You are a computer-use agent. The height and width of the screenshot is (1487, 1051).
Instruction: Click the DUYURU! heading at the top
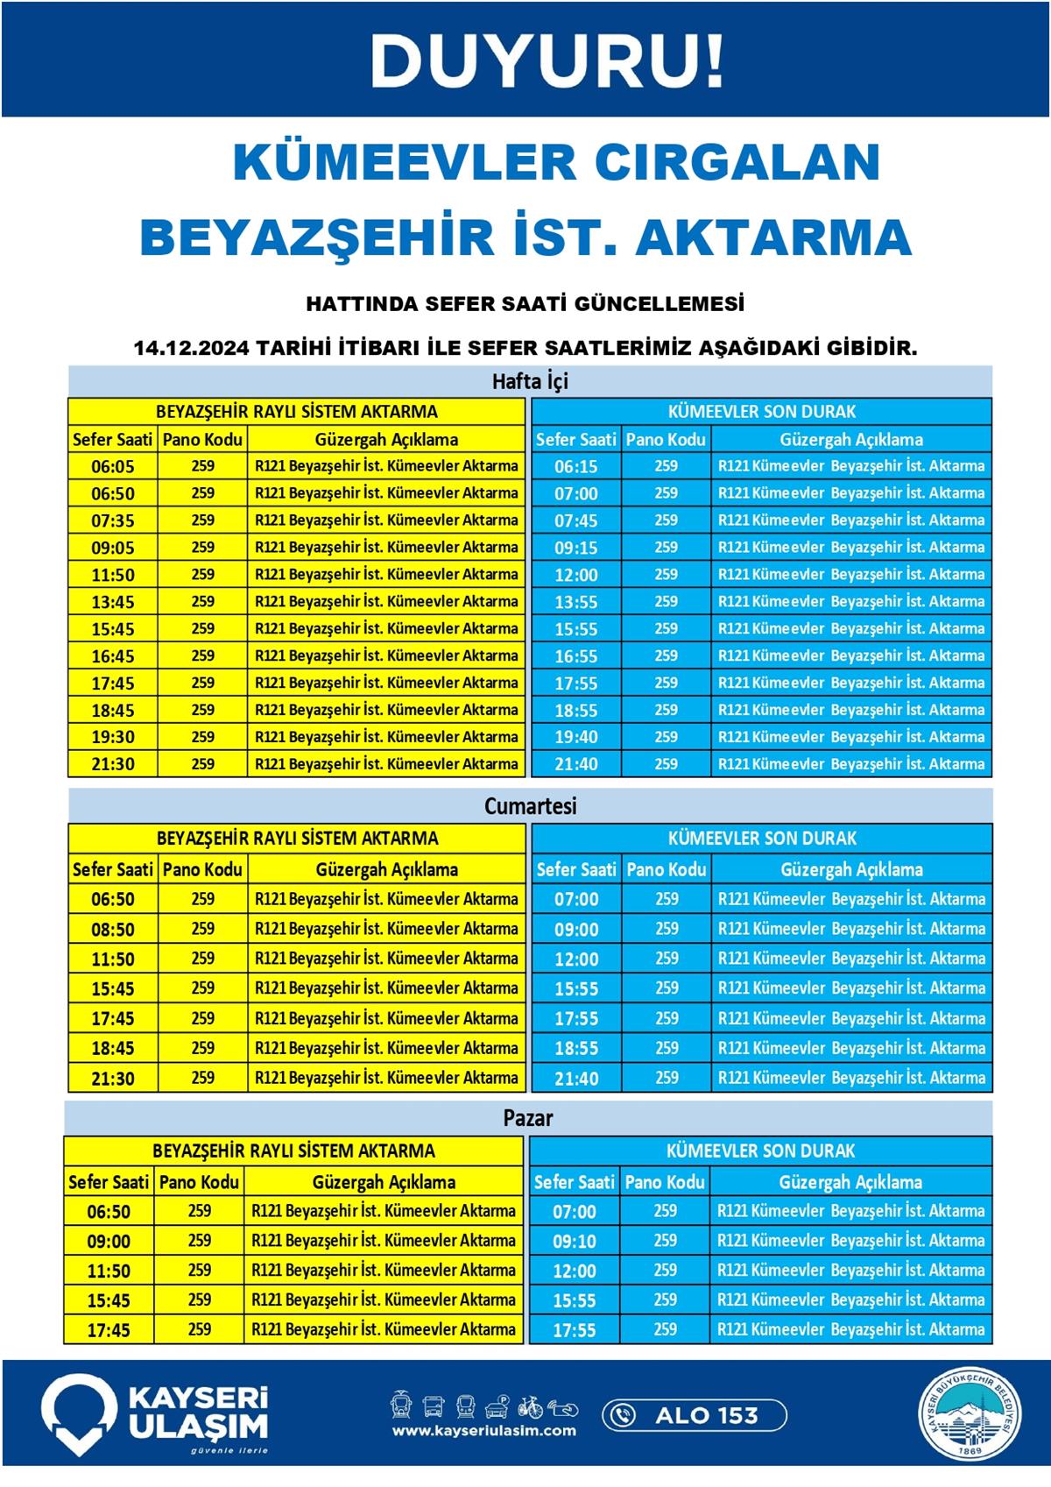[547, 61]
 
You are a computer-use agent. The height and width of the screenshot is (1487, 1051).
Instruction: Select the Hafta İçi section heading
[530, 381]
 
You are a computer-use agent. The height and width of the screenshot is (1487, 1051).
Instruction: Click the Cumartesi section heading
[530, 806]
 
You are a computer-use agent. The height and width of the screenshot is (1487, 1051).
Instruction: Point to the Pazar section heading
[528, 1118]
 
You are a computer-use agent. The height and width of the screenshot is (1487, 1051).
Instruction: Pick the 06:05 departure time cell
[113, 466]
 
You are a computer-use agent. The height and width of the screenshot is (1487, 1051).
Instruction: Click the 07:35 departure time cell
[113, 520]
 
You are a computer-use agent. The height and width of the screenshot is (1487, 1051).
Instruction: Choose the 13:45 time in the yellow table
[113, 602]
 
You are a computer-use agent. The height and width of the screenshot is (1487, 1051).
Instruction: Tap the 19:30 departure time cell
[113, 737]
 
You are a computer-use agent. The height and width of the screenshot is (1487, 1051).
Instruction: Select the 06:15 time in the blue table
[576, 466]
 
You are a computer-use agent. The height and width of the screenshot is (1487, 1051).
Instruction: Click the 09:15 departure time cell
[576, 548]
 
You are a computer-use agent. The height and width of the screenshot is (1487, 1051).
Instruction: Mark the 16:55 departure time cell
[576, 656]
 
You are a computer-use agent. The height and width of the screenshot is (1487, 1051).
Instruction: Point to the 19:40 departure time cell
[576, 737]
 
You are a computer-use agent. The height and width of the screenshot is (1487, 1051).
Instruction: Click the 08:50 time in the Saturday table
[113, 929]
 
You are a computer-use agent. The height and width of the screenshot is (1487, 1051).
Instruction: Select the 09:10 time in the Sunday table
[575, 1241]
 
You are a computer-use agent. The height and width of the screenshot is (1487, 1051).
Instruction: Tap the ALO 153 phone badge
[695, 1415]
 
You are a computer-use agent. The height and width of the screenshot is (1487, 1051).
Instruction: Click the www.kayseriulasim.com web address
[484, 1431]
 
